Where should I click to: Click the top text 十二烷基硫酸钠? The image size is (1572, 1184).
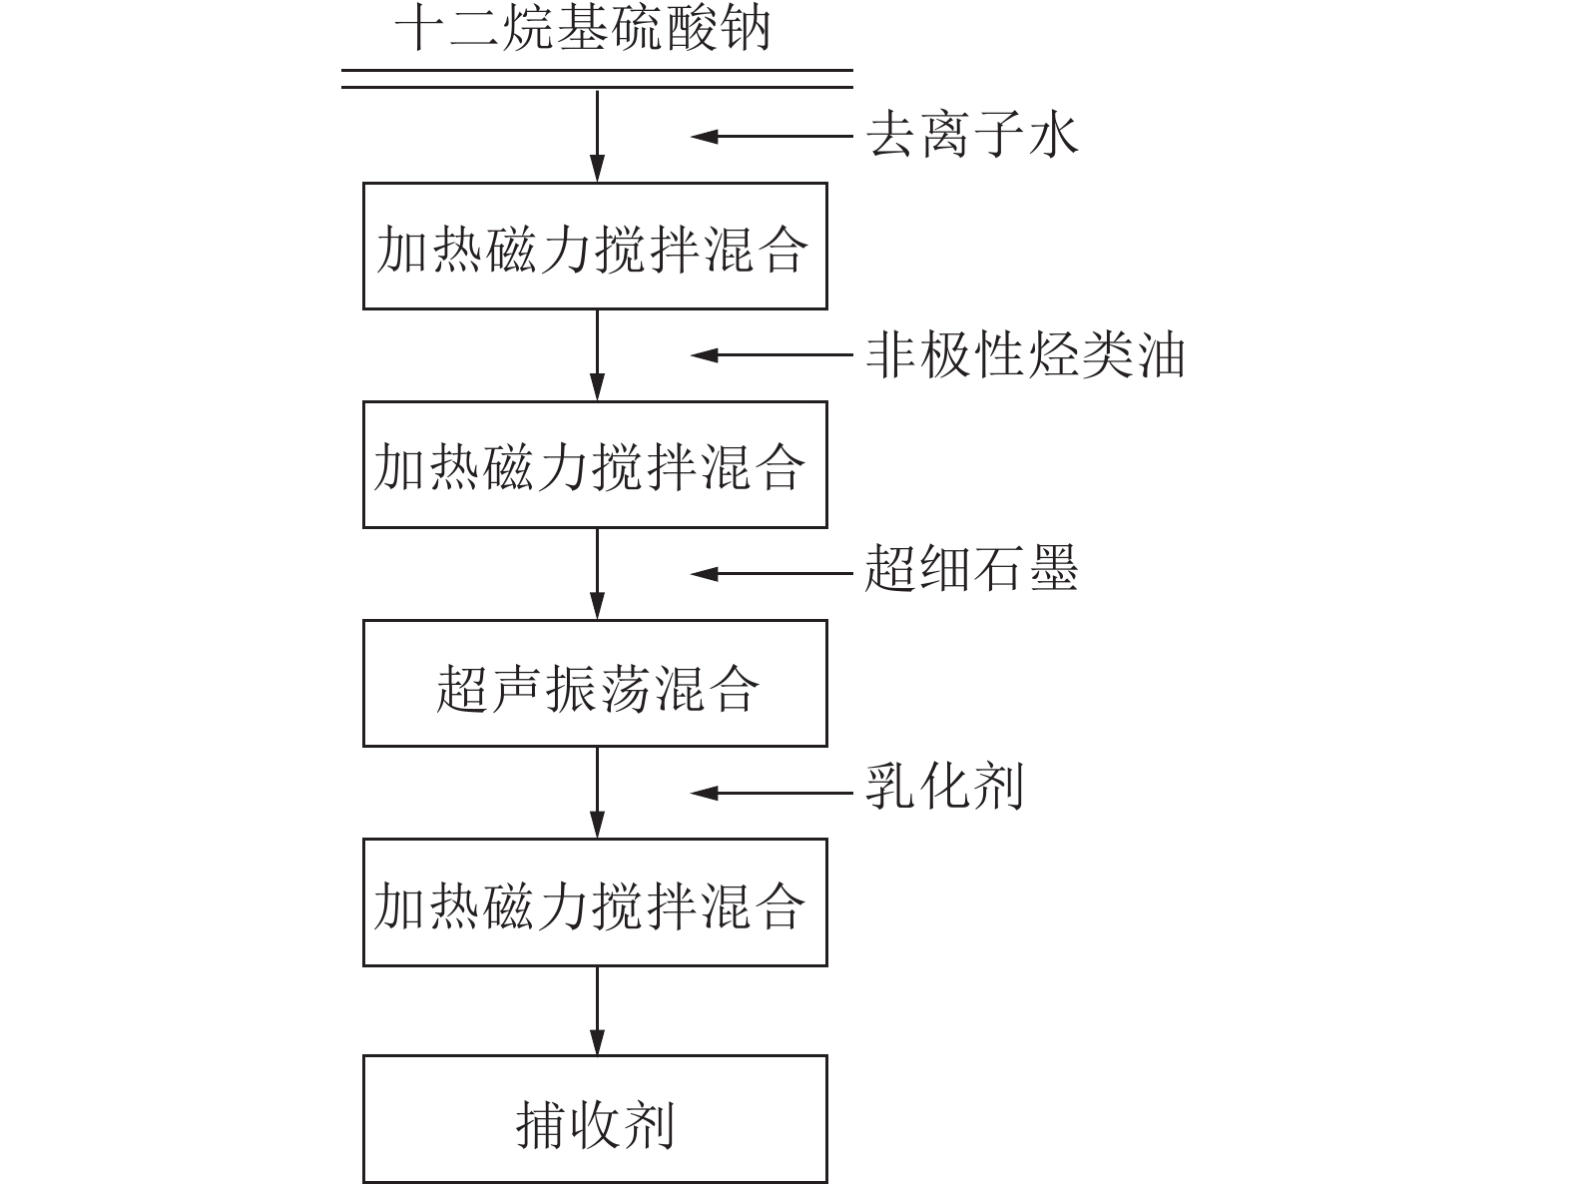[583, 29]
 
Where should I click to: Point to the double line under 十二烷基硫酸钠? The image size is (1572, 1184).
[597, 79]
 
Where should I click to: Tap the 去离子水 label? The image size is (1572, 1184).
[972, 135]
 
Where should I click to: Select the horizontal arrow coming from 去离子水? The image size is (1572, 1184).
[772, 136]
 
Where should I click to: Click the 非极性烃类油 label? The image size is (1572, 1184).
[1026, 353]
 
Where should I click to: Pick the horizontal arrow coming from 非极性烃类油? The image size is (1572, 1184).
[772, 354]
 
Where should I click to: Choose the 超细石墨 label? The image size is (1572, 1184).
[972, 568]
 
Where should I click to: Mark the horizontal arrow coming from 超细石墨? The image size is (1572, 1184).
[772, 574]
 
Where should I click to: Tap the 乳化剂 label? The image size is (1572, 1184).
[944, 787]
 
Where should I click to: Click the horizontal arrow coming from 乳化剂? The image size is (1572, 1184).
[772, 793]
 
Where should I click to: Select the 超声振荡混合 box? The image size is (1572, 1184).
[595, 683]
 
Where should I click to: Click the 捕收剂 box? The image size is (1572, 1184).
[595, 1119]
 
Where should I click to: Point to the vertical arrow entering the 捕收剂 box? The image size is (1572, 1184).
[597, 1010]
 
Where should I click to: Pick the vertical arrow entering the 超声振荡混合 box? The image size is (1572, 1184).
[597, 574]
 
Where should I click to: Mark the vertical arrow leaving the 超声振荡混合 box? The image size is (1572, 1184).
[597, 793]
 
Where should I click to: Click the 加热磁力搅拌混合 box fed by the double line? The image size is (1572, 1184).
[595, 247]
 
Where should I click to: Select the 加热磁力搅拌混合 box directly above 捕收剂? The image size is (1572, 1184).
[595, 902]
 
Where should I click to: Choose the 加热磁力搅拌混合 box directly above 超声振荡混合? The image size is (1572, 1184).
[595, 465]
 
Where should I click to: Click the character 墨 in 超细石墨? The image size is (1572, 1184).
[1053, 568]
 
